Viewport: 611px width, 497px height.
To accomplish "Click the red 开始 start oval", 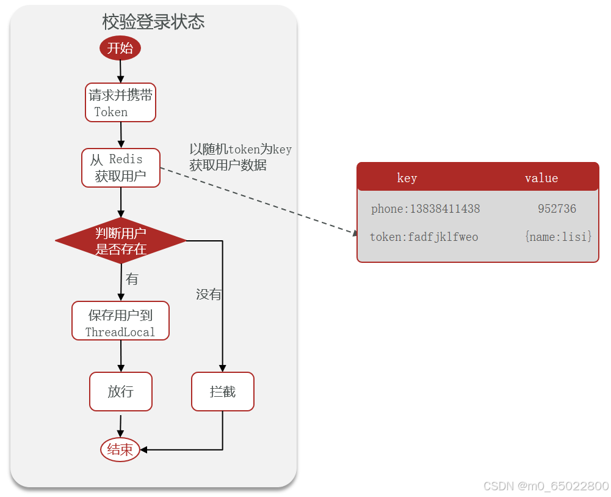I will click(x=120, y=48).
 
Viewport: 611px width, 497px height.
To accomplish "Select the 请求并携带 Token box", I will click(x=120, y=103).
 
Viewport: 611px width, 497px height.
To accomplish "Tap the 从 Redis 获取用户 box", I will click(x=121, y=168).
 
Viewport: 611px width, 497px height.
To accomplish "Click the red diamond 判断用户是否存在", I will click(x=121, y=241).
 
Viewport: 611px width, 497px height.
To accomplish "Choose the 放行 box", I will click(x=121, y=392).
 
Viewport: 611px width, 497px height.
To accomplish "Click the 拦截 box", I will click(x=223, y=392).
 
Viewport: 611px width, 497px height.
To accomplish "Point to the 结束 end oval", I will click(x=120, y=450).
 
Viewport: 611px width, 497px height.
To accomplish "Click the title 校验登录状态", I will click(x=153, y=23).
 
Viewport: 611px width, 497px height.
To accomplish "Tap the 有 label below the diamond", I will click(x=132, y=279).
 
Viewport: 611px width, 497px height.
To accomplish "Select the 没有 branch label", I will click(x=208, y=295).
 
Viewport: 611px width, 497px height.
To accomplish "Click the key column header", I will click(x=407, y=178).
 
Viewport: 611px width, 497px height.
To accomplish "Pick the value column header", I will click(x=541, y=178).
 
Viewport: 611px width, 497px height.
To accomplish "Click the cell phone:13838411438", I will click(x=425, y=209).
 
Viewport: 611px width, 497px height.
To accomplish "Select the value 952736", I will click(x=557, y=209).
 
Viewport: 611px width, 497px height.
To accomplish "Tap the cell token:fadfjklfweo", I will click(x=424, y=237).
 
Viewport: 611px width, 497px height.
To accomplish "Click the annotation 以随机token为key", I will click(x=240, y=149).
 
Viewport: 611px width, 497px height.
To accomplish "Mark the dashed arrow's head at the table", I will click(x=355, y=232).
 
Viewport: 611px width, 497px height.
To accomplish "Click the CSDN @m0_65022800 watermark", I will click(x=546, y=486).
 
